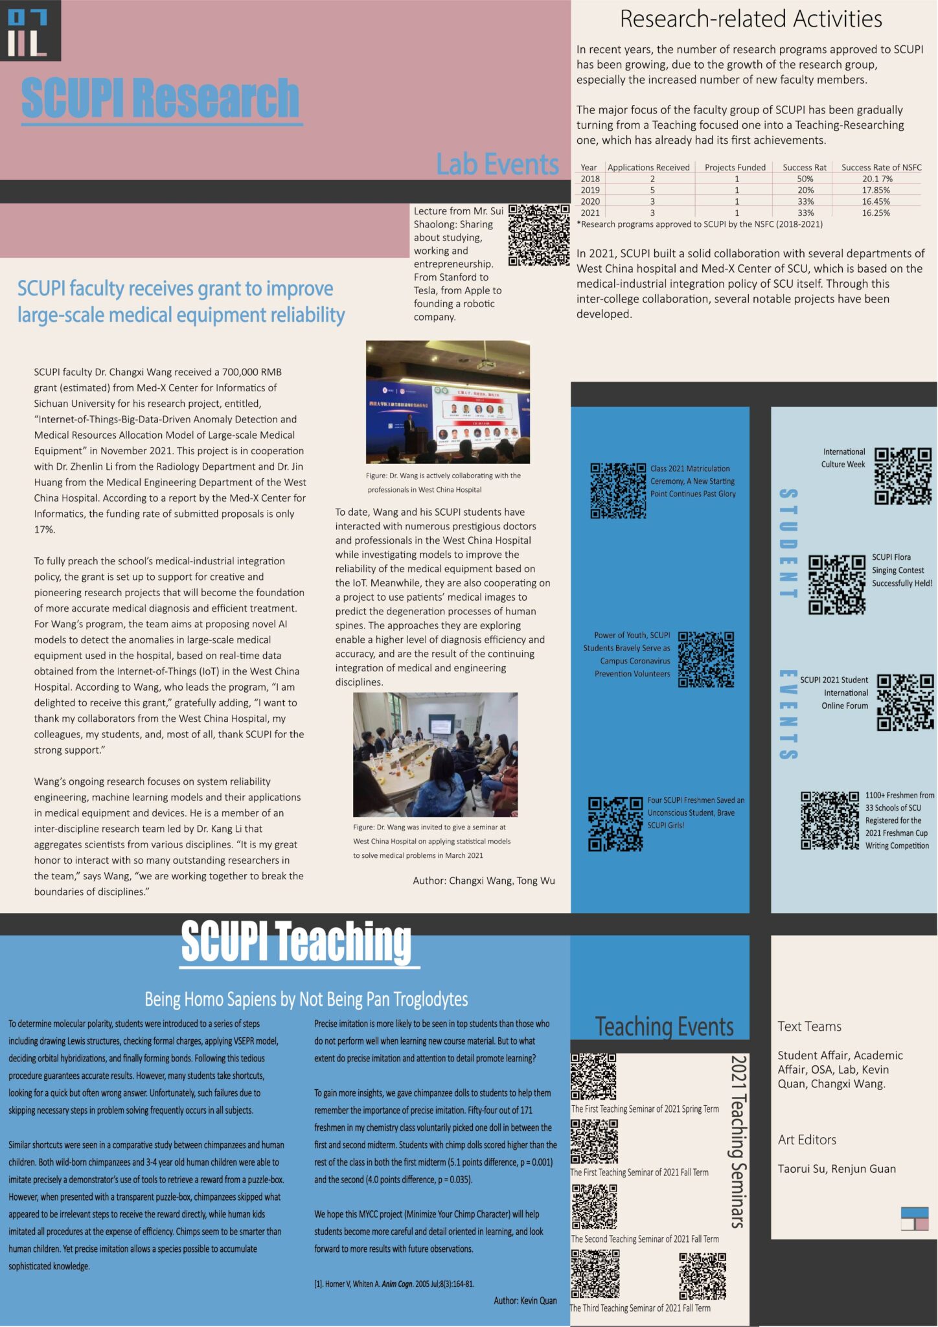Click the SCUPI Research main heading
(161, 98)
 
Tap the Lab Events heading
(497, 165)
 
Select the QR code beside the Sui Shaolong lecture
(538, 235)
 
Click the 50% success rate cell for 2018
(805, 179)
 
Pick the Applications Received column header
(648, 167)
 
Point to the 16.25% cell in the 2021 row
(876, 213)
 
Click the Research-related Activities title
(751, 19)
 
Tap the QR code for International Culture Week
(902, 476)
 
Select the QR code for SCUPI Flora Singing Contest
(837, 584)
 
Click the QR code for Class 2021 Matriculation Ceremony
(618, 490)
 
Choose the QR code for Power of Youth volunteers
(705, 659)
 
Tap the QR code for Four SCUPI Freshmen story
(615, 824)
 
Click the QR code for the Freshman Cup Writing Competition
(830, 820)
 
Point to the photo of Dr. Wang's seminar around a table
(435, 754)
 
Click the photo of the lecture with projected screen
(448, 402)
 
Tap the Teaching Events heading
(664, 1027)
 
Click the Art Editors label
(806, 1140)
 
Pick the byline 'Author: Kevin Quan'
(525, 1300)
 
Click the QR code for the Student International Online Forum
(905, 702)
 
